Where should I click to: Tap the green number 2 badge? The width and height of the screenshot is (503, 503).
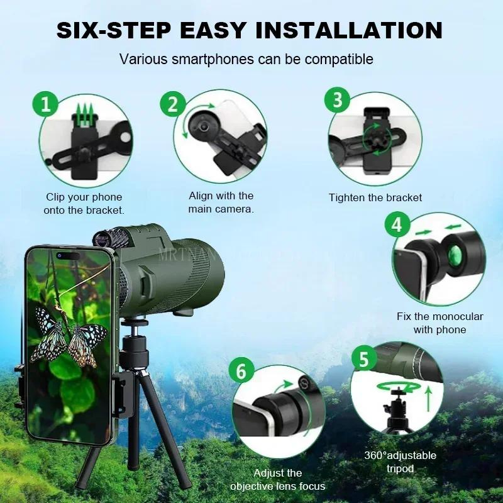click(x=172, y=104)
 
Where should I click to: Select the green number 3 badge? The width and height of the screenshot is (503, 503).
click(x=338, y=100)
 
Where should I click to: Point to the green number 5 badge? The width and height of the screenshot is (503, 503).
click(x=363, y=360)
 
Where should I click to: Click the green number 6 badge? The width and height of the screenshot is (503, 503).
click(x=241, y=371)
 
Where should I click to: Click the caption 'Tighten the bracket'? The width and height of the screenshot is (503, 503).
click(x=375, y=197)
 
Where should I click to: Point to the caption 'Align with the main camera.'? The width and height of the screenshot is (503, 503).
click(x=221, y=202)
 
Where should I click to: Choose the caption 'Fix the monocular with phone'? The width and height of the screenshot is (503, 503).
click(x=439, y=323)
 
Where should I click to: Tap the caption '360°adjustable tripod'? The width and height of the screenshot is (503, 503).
click(x=400, y=462)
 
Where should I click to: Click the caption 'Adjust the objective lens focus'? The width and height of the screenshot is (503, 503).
click(x=277, y=479)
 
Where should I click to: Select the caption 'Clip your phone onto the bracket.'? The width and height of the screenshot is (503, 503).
click(x=84, y=204)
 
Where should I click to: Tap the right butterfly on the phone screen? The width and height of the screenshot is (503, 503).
click(x=86, y=343)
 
